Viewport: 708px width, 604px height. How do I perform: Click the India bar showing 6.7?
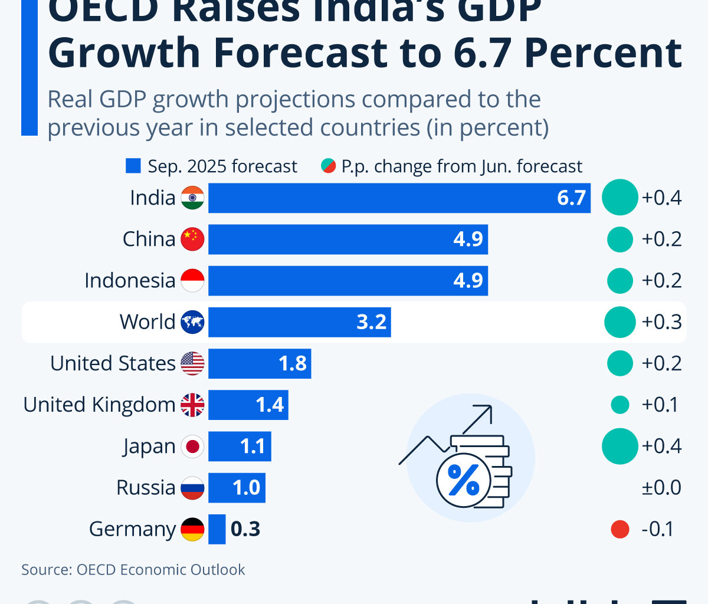pyautogui.click(x=399, y=198)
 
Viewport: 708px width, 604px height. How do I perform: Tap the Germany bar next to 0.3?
pyautogui.click(x=217, y=529)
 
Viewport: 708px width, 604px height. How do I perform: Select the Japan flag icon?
pyautogui.click(x=192, y=447)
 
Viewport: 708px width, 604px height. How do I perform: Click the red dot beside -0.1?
pyautogui.click(x=620, y=529)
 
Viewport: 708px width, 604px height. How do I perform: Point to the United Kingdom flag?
pyautogui.click(x=192, y=405)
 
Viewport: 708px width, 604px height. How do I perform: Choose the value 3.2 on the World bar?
pyautogui.click(x=372, y=322)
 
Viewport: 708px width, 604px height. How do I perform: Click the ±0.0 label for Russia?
pyautogui.click(x=661, y=488)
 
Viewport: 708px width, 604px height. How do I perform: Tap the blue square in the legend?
pyautogui.click(x=133, y=166)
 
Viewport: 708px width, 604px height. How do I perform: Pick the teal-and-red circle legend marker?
pyautogui.click(x=328, y=166)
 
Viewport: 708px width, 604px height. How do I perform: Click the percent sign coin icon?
pyautogui.click(x=464, y=479)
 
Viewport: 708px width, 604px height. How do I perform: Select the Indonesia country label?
pyautogui.click(x=130, y=281)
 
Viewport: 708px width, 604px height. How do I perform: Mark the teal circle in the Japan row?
pyautogui.click(x=620, y=446)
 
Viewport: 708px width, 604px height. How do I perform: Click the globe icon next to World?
pyautogui.click(x=192, y=322)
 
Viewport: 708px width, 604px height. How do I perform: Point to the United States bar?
pyautogui.click(x=260, y=363)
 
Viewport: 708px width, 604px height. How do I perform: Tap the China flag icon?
pyautogui.click(x=192, y=239)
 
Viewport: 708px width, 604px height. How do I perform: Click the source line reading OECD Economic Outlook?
pyautogui.click(x=133, y=570)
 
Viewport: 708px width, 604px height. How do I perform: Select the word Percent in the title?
pyautogui.click(x=602, y=52)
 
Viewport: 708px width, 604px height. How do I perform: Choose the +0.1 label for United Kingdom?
pyautogui.click(x=660, y=405)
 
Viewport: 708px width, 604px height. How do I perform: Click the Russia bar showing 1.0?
pyautogui.click(x=237, y=488)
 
